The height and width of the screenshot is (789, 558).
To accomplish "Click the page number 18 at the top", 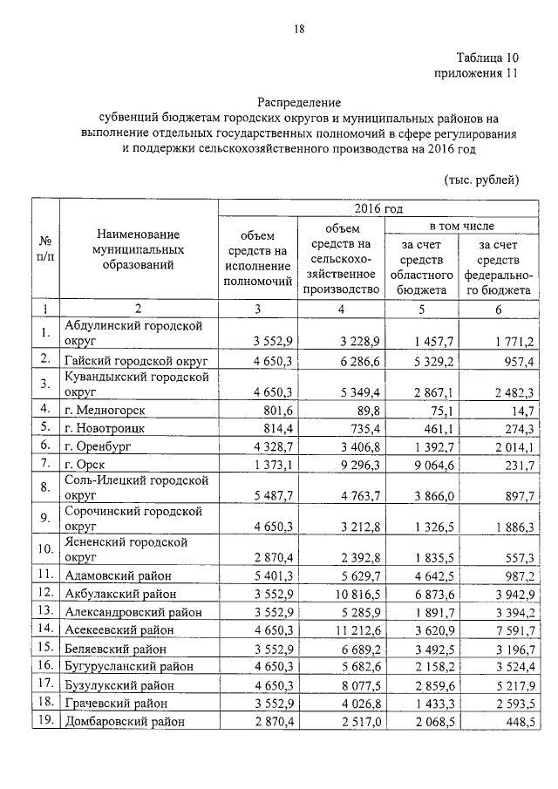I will pos(298,30).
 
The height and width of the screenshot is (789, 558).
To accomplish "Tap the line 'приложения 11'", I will pos(476,73).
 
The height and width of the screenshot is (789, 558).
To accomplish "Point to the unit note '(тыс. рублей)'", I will pos(481,180).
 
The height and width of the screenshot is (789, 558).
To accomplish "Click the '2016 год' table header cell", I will pos(378,209).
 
